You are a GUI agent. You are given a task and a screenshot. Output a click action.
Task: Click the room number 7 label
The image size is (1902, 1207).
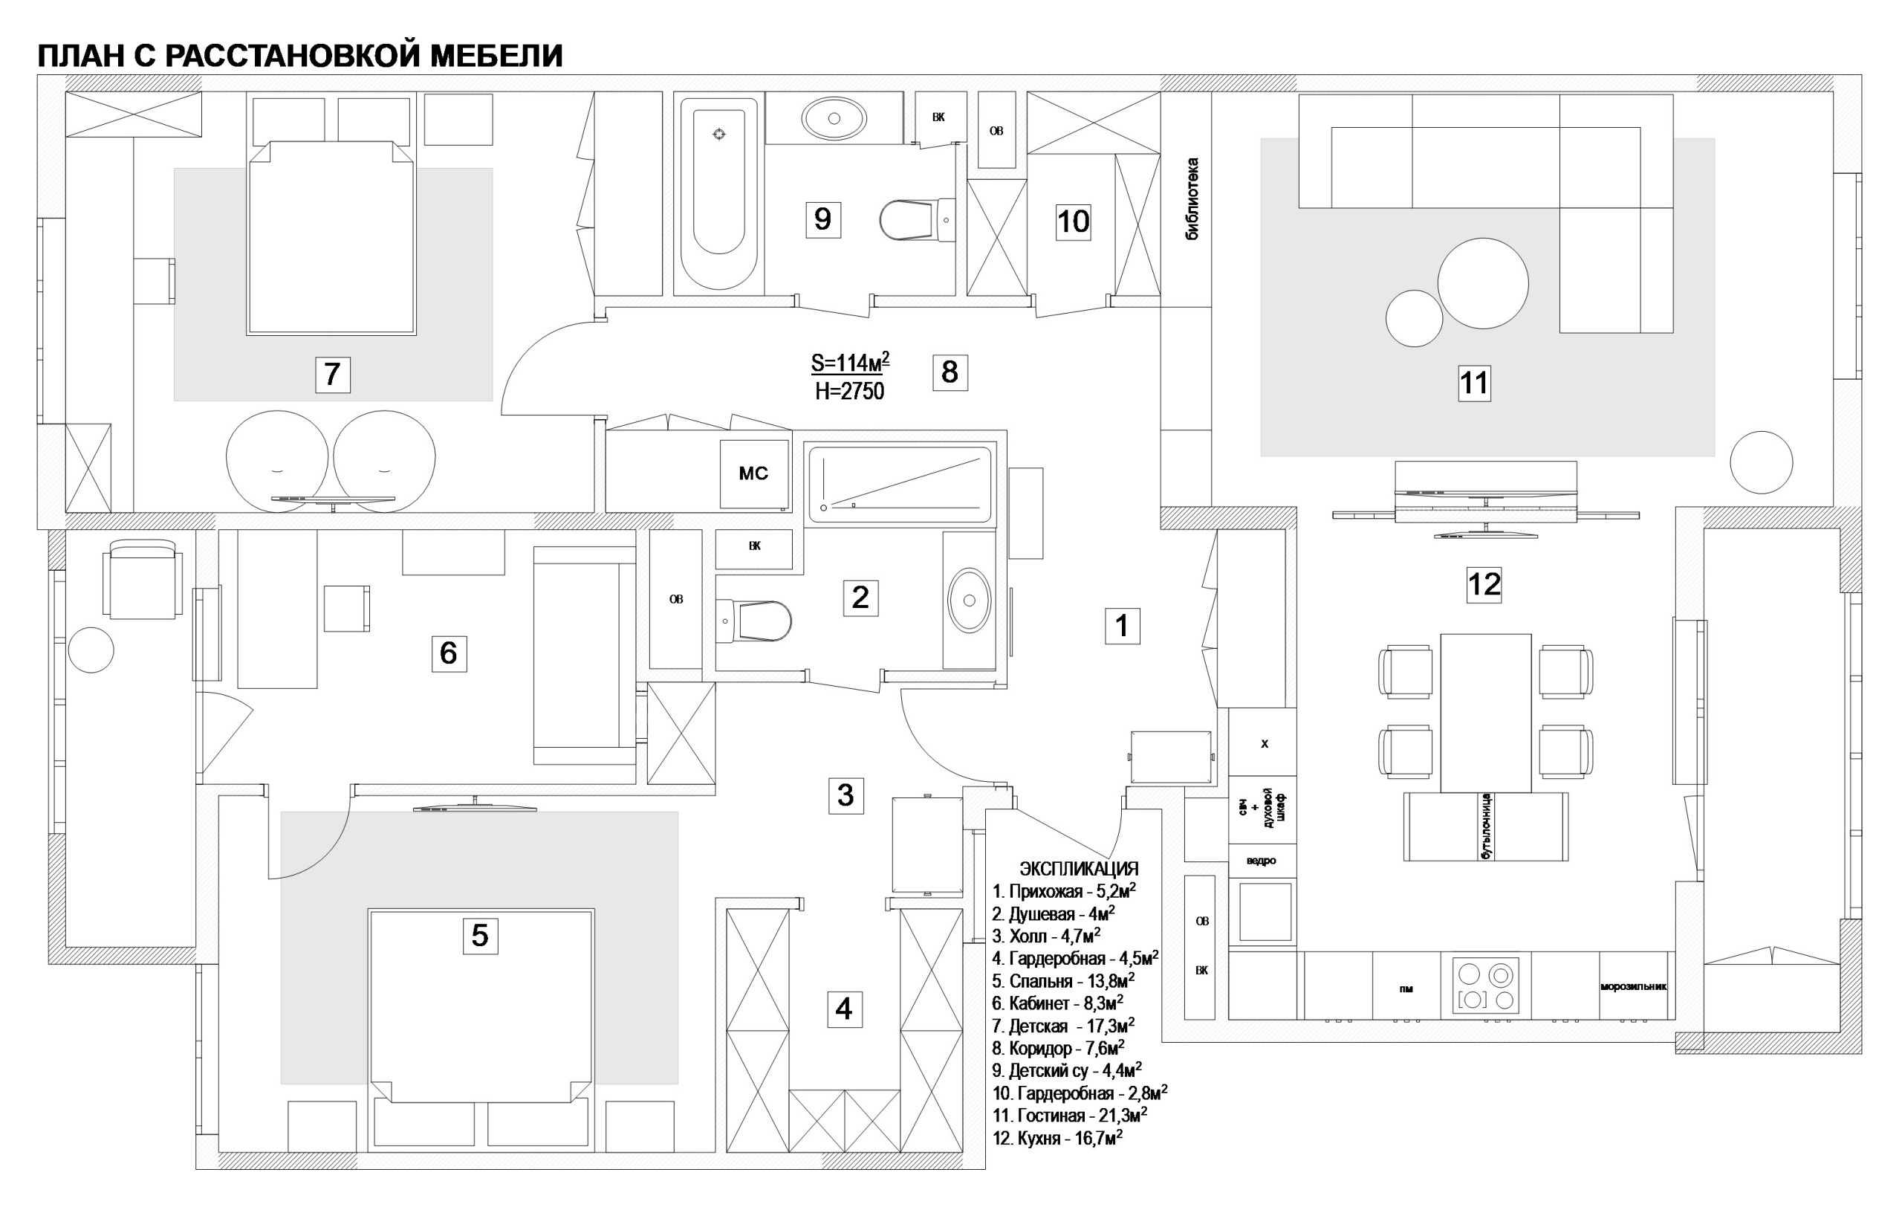[x=333, y=374]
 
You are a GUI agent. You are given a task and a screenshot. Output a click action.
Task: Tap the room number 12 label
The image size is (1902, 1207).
[x=1484, y=584]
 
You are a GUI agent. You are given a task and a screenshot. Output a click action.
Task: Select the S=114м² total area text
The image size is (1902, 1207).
[x=850, y=363]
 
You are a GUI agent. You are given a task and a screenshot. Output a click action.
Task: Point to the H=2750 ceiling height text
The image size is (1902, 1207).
[x=850, y=391]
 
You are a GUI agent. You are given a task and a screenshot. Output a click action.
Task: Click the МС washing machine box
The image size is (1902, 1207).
[x=753, y=474]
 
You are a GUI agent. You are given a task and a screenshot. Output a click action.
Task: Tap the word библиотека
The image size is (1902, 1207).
[x=1192, y=199]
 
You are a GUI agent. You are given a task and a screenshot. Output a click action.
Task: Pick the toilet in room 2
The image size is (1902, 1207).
[x=753, y=621]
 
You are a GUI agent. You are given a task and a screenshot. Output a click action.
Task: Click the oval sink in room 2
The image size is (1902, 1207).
[x=969, y=601]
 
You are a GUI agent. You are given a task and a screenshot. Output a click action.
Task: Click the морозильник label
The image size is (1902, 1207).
[x=1634, y=986]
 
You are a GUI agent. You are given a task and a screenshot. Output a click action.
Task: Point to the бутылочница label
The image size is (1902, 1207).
[x=1486, y=827]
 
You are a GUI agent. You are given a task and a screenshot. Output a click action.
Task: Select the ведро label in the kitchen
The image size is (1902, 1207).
[x=1262, y=861]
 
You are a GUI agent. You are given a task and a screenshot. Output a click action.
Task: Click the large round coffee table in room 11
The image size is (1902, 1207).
[x=1482, y=282]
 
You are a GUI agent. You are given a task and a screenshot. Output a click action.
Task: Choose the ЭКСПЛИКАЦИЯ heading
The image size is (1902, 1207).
[x=1079, y=869]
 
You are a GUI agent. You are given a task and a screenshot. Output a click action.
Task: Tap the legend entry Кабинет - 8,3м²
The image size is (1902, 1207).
[x=1059, y=1003]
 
